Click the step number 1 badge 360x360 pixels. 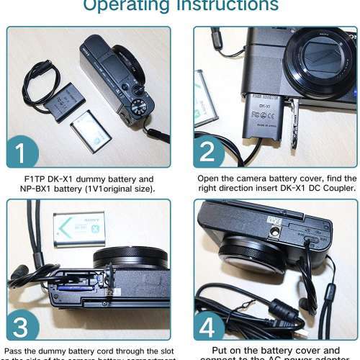pos(26,153)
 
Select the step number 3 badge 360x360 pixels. pos(26,325)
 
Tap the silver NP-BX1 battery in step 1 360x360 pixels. pos(91,130)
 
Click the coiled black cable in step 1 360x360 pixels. pos(37,85)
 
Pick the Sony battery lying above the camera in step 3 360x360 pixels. pos(78,228)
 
